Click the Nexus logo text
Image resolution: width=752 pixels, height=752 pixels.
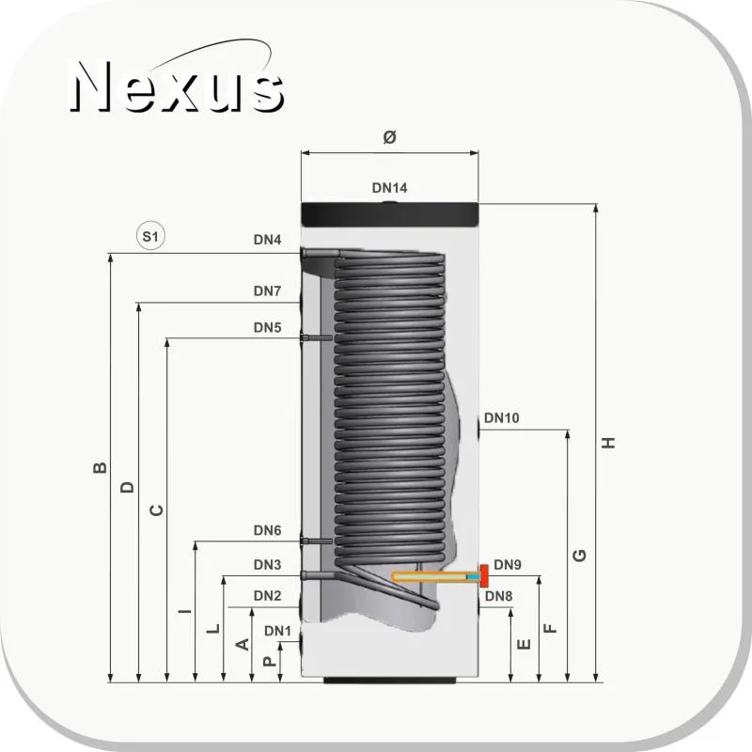click(177, 86)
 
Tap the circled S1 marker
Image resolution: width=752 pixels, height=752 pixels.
click(150, 236)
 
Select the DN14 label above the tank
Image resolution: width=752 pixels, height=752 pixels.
click(389, 188)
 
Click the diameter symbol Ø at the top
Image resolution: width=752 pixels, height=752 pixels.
click(389, 137)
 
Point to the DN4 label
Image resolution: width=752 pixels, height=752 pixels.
click(267, 240)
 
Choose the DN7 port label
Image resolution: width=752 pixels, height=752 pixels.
click(267, 290)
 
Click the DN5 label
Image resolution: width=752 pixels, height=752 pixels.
click(267, 327)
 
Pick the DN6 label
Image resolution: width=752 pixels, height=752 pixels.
click(267, 530)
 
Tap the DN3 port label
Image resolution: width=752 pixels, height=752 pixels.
click(267, 565)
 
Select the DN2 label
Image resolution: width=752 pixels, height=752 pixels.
click(267, 595)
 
